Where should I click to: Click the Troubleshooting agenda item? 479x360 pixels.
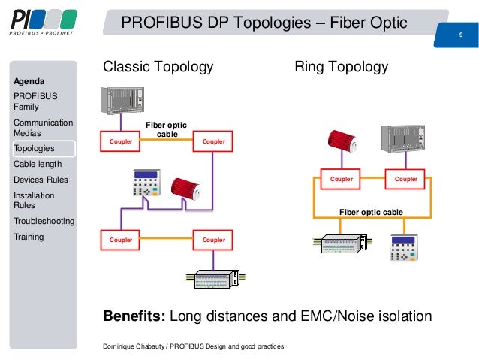point(44,221)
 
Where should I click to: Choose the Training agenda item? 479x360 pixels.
point(29,237)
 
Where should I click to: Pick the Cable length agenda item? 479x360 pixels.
point(38,164)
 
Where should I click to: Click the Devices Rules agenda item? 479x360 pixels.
point(41,180)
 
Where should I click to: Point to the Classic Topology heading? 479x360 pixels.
point(158,68)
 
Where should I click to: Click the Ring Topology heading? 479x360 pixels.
point(342,68)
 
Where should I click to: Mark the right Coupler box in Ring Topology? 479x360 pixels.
point(406,179)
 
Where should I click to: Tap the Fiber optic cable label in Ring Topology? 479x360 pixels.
point(371,213)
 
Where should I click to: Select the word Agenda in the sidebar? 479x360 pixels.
point(29,80)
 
